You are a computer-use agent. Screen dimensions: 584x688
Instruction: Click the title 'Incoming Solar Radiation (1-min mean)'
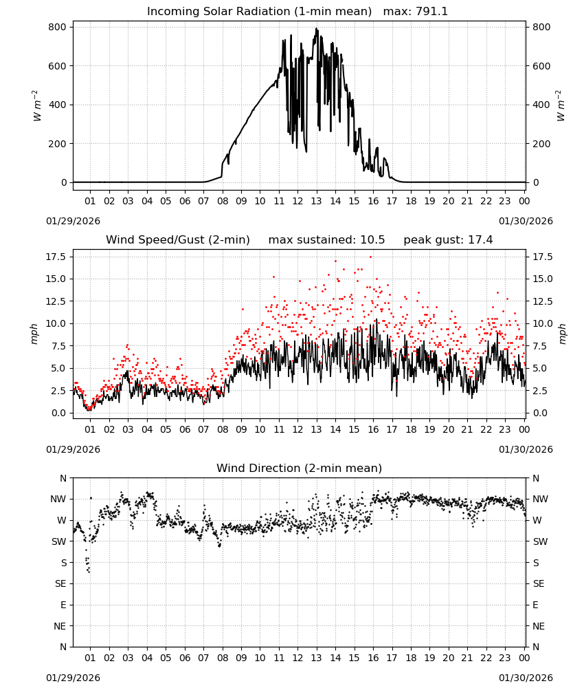(259, 12)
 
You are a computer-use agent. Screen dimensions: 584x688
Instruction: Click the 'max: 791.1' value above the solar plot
(416, 12)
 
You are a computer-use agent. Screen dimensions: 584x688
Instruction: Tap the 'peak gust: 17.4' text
(448, 240)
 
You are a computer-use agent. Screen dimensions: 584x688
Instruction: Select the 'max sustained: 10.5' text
(326, 240)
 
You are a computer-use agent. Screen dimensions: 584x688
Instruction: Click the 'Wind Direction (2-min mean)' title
(300, 468)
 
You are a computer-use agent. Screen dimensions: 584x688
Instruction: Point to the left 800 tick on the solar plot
(58, 28)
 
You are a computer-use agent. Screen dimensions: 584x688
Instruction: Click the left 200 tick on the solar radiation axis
(58, 144)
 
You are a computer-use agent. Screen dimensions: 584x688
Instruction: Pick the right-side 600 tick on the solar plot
(541, 66)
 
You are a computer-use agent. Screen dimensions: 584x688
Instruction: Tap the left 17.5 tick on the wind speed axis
(56, 257)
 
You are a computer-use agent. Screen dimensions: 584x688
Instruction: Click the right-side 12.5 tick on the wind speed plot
(543, 301)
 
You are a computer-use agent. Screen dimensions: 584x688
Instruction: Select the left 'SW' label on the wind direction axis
(59, 541)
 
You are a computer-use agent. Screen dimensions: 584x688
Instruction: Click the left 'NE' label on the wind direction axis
(60, 626)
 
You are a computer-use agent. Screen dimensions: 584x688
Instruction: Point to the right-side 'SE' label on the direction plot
(539, 583)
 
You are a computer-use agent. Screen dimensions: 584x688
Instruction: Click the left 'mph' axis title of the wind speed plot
(34, 334)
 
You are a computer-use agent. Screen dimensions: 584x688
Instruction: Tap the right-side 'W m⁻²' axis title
(561, 106)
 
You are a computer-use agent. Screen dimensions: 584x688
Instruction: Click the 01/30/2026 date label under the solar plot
(526, 221)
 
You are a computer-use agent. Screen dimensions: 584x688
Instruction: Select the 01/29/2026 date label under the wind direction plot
(73, 678)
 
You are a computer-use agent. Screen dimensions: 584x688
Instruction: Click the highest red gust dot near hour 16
(370, 257)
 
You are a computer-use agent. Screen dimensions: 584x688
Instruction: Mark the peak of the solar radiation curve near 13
(316, 28)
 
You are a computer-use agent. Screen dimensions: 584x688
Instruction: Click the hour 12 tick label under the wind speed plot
(298, 429)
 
